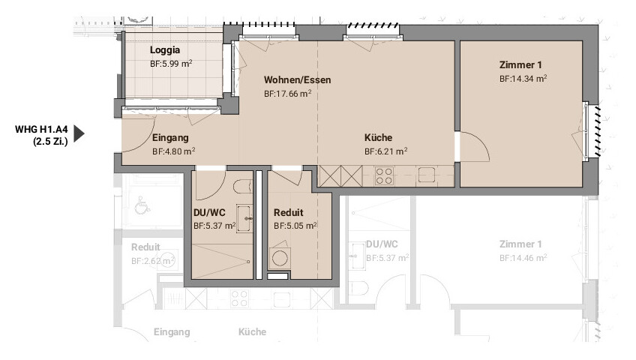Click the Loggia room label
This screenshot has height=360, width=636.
coord(165,50)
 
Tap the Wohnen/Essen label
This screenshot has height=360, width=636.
coord(297,79)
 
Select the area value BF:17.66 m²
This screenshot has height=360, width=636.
coord(287,94)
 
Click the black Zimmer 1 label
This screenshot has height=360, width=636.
coord(520,64)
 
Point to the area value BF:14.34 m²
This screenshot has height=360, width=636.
coord(523,79)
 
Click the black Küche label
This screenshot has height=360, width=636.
coord(378,137)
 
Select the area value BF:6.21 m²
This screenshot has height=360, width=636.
coord(385,151)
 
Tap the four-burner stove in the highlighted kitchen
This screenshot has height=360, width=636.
coord(384,176)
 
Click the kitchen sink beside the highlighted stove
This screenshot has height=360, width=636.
coord(427,175)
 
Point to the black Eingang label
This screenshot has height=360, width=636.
coord(170,138)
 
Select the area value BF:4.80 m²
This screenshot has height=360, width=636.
coord(173,151)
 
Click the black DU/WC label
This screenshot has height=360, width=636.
coord(209,212)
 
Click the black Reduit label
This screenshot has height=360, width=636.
coord(289,212)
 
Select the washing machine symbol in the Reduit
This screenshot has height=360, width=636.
coord(280,257)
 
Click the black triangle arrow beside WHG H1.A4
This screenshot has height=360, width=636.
coord(79,133)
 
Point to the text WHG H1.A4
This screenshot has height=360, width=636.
coord(41,129)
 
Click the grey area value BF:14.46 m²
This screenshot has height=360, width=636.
coord(523,258)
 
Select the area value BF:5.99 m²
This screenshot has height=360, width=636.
coord(171,64)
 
